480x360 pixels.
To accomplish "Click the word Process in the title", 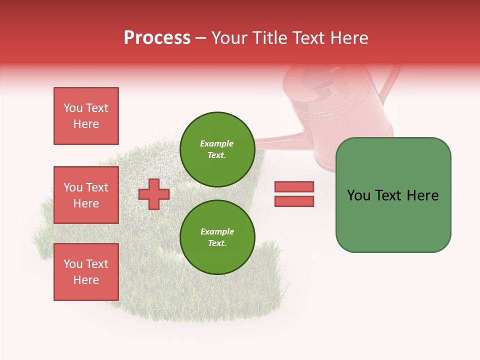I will click(157, 38).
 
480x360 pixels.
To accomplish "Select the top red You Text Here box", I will click(86, 116).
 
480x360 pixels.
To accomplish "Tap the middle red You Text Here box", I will click(86, 195).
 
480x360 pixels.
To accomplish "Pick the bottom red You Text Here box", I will click(86, 272).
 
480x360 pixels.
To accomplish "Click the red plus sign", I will click(154, 194).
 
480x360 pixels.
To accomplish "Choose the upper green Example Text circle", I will click(217, 149).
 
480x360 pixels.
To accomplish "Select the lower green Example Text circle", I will click(217, 237).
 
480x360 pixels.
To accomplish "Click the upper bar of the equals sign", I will click(294, 187).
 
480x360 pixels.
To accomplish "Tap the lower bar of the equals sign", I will click(294, 201).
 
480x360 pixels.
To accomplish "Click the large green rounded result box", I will click(393, 195).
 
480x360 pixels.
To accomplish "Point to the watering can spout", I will click(280, 140).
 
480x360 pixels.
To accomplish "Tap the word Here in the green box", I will click(422, 195).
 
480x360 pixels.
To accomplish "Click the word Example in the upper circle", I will click(217, 143).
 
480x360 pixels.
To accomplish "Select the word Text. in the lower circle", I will click(217, 243).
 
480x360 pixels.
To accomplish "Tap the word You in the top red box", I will click(73, 108).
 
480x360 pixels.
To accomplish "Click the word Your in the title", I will click(230, 38).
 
